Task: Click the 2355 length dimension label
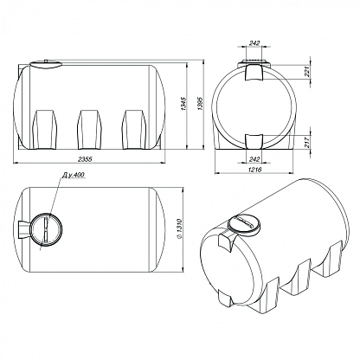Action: [x=85, y=159]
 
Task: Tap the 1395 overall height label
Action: [x=201, y=103]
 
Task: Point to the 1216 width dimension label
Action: [x=254, y=170]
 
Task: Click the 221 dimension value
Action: [x=307, y=72]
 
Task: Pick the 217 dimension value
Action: [x=307, y=142]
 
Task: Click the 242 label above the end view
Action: [x=254, y=43]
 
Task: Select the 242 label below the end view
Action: [x=254, y=159]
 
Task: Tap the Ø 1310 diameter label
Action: [x=179, y=229]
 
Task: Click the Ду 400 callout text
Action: [x=74, y=175]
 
